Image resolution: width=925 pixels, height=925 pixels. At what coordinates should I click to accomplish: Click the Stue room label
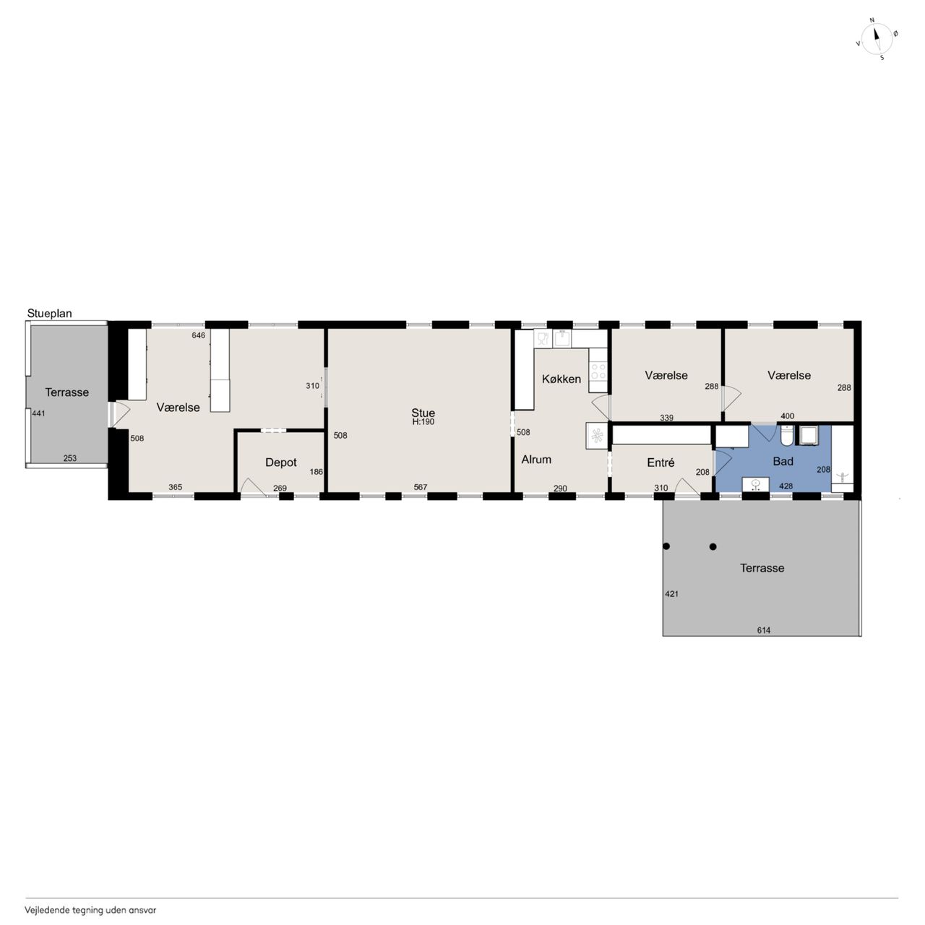(x=423, y=413)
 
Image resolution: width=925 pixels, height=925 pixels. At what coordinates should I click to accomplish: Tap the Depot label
(x=281, y=462)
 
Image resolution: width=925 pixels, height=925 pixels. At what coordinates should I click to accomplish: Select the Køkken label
(x=562, y=379)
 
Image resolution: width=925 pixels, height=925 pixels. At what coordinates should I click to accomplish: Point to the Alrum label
(x=536, y=460)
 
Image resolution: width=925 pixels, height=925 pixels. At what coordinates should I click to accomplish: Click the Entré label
(x=661, y=462)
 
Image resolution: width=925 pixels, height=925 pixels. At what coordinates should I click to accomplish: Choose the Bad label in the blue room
(x=783, y=462)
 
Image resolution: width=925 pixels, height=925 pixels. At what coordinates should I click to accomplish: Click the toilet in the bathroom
(x=786, y=435)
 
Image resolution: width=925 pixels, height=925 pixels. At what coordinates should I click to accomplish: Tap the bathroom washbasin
(x=756, y=484)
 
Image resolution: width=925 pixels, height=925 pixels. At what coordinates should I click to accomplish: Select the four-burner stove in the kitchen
(x=598, y=371)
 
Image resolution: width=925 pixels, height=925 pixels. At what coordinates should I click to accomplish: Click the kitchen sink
(x=562, y=338)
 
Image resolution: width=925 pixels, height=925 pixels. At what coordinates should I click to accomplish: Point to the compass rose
(x=877, y=39)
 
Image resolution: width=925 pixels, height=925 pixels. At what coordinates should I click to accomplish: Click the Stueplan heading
(x=49, y=314)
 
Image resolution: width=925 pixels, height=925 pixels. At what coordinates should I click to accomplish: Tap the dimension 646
(x=198, y=335)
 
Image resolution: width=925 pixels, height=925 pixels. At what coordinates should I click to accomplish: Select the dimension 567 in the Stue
(x=420, y=487)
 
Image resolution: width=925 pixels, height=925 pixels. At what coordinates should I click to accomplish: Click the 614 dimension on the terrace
(x=763, y=630)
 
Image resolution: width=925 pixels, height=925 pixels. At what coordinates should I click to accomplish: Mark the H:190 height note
(x=423, y=422)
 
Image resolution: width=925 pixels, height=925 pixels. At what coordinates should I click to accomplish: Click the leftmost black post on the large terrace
(x=666, y=546)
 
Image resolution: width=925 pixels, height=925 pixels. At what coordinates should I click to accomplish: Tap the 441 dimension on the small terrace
(x=38, y=413)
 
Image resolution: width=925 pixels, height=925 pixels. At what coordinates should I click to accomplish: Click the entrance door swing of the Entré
(x=687, y=486)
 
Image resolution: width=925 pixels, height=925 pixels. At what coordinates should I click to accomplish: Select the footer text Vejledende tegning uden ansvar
(x=90, y=910)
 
